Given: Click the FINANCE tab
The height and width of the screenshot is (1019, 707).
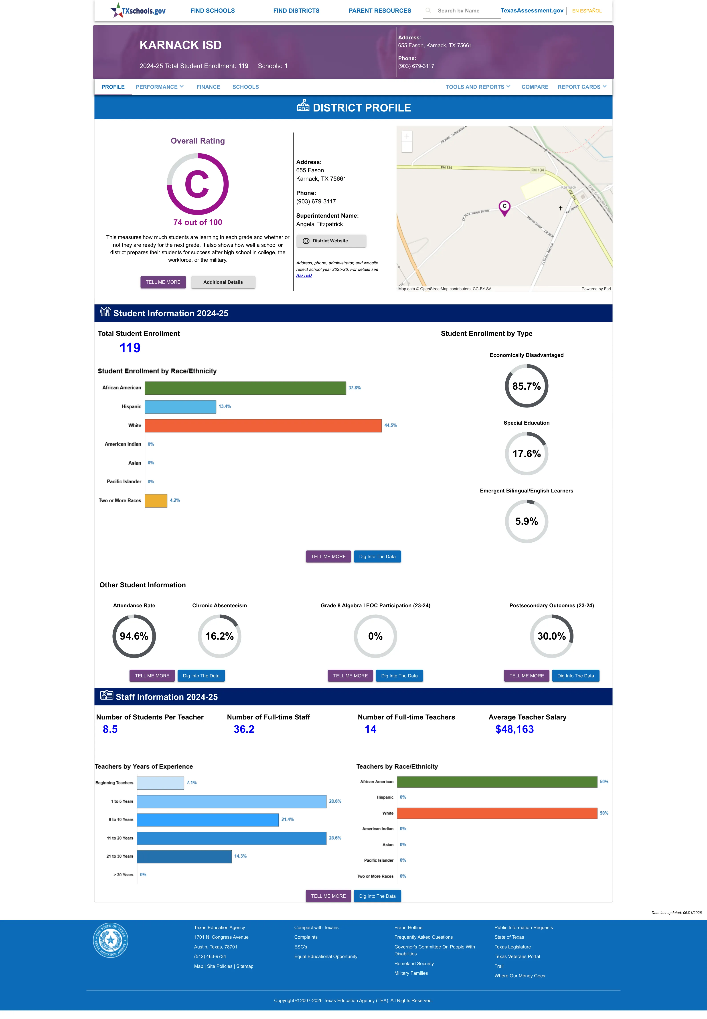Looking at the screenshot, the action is tap(208, 87).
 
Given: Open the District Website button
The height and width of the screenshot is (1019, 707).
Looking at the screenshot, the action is tap(331, 241).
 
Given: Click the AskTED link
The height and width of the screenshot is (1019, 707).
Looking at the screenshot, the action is tap(304, 276).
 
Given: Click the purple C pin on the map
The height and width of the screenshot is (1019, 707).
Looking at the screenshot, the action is tap(504, 207).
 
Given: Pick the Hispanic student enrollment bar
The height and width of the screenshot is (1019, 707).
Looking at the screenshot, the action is tap(180, 407).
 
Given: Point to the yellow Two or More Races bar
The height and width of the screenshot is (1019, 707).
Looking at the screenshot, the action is tap(156, 500).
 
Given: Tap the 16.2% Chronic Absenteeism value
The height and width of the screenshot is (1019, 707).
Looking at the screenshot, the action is tap(219, 636).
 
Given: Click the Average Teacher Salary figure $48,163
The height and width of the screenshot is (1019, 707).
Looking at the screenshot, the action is tap(514, 729).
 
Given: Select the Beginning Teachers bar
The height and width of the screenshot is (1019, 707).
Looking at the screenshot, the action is tap(160, 783).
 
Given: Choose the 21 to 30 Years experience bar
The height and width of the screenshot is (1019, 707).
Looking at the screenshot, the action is tap(184, 857).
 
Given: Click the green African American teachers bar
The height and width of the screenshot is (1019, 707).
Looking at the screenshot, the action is tap(497, 782).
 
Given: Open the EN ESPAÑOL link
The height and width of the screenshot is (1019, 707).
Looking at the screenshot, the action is tap(587, 11).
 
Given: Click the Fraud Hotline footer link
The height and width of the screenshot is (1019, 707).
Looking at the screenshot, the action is tap(408, 927).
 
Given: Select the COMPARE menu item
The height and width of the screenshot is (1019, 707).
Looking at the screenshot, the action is tap(535, 87).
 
